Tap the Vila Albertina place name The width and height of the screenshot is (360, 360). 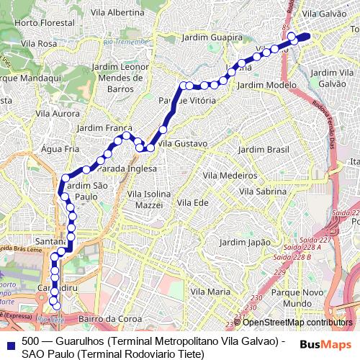[119, 13]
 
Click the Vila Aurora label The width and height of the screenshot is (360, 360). [58, 114]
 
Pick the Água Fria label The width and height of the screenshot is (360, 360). [60, 149]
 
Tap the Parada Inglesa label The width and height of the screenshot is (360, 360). [127, 168]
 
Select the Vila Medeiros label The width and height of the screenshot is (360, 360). [230, 175]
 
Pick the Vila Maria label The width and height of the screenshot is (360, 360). [211, 292]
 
